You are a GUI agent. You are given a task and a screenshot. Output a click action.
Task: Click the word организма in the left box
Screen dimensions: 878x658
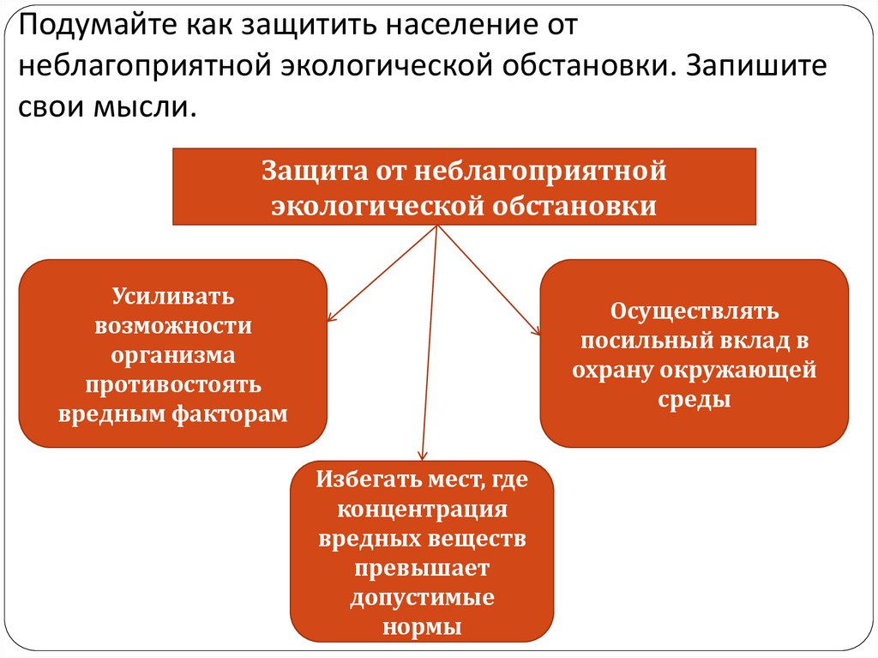(x=172, y=355)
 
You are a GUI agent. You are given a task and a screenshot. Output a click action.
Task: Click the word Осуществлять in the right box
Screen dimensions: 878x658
(x=694, y=311)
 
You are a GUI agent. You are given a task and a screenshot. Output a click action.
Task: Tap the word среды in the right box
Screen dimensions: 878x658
(x=694, y=399)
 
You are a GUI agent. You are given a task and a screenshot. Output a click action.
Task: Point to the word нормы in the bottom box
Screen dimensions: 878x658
(x=421, y=626)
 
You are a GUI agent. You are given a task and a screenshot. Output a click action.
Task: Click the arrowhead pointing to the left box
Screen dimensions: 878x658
(x=331, y=317)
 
